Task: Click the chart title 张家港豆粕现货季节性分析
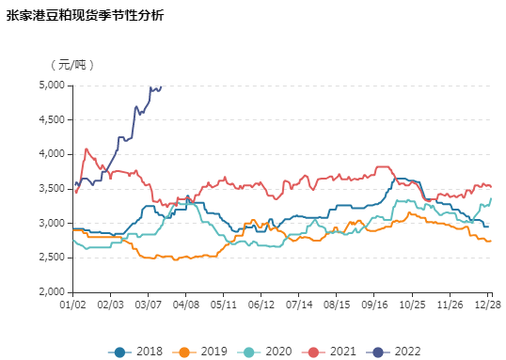coord(86,16)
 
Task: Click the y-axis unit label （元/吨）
coord(72,64)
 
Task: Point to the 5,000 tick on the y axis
coord(52,85)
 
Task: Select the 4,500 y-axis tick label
coord(52,119)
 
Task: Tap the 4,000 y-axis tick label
coord(52,154)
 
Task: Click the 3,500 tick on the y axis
coord(52,189)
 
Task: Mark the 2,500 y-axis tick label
coord(52,258)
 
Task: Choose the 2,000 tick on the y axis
coord(52,292)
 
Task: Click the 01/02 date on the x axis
coord(72,305)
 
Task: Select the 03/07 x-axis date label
coord(148,305)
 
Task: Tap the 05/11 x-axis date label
coord(223,305)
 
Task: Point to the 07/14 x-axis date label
coord(299,305)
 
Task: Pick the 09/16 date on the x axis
coord(374,305)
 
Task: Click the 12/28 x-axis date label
coord(487,305)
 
